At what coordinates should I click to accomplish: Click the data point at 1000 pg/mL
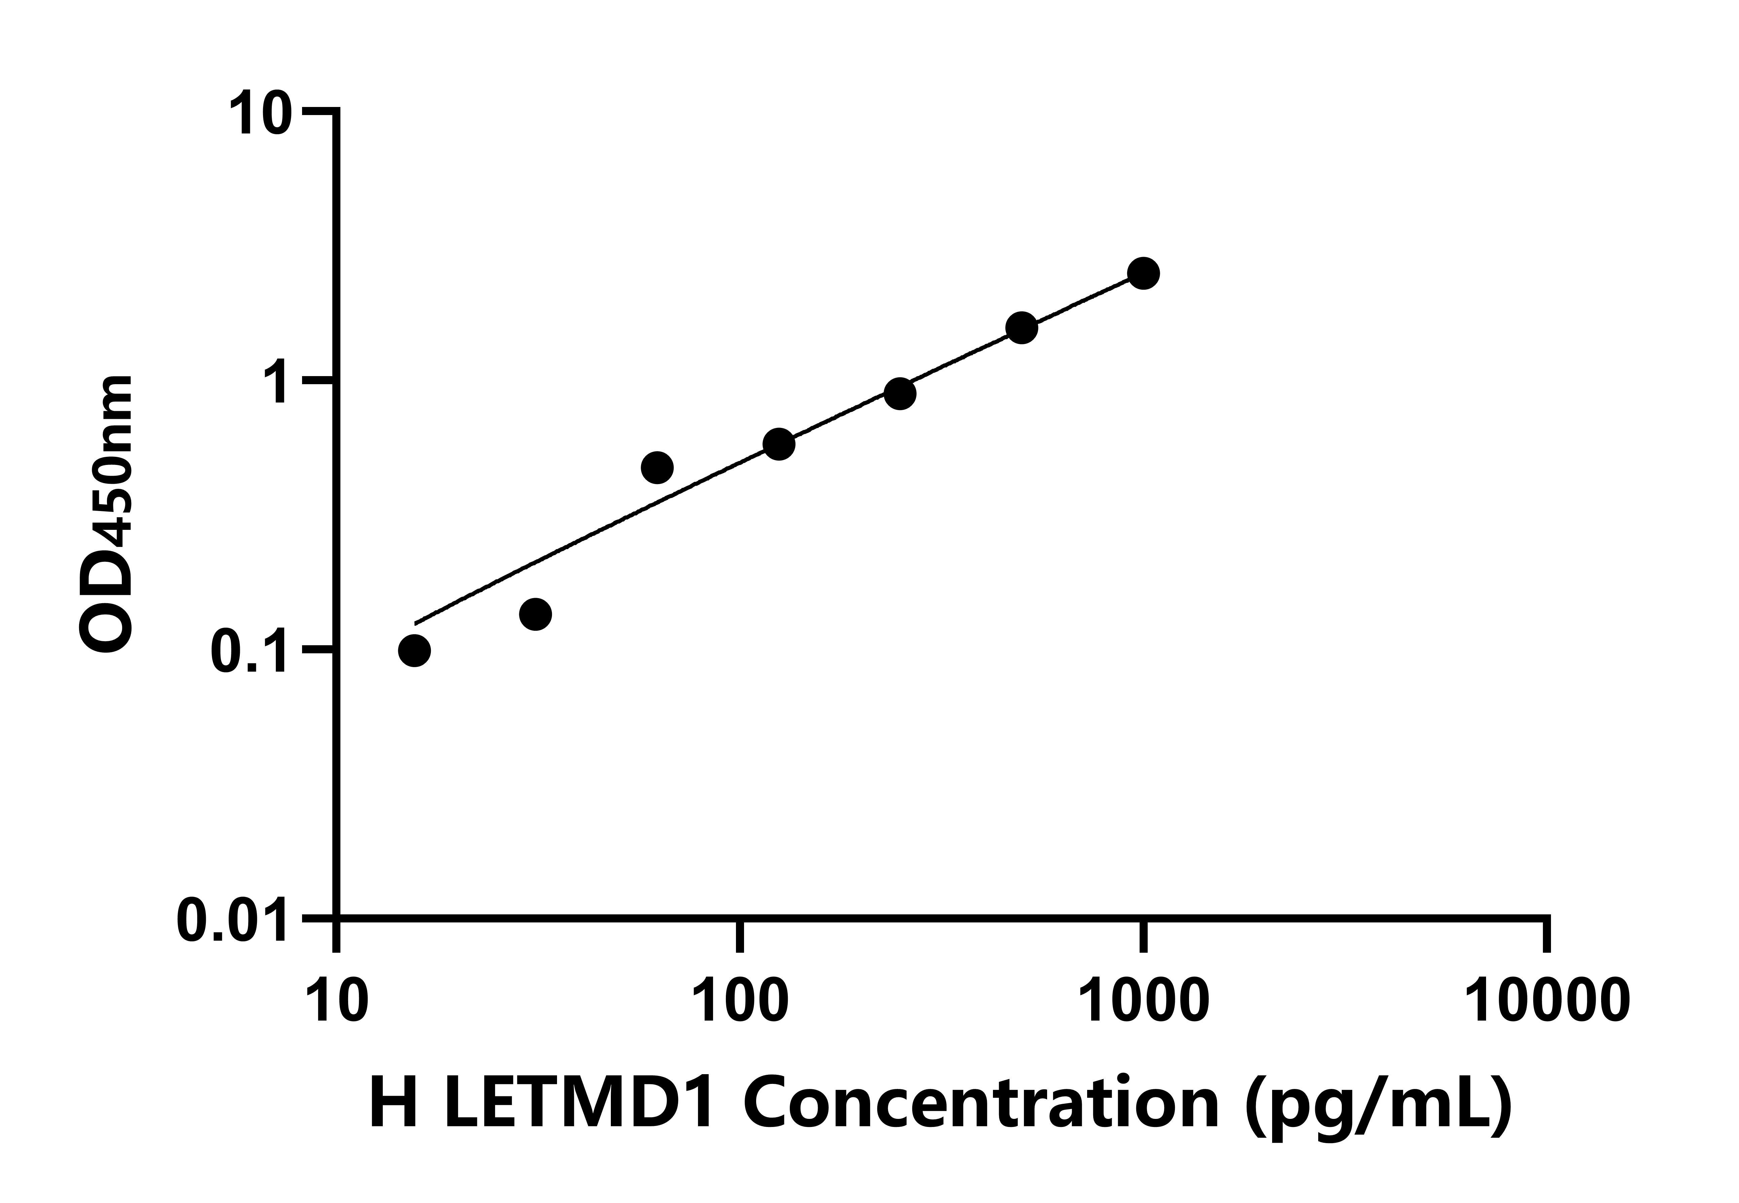(1143, 273)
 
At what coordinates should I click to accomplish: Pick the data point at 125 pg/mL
(778, 444)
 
